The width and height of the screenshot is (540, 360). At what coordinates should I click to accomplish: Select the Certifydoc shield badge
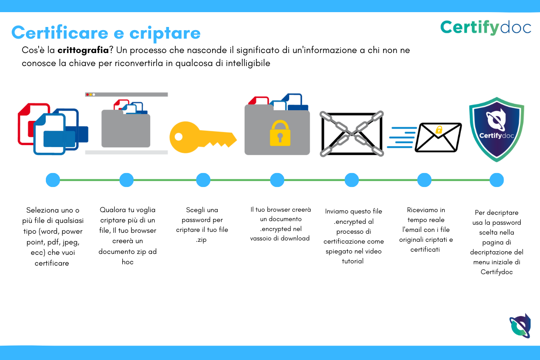(496, 129)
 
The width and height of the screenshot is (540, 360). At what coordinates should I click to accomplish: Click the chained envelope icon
(352, 134)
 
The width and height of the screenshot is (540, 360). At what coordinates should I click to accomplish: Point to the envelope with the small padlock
(438, 138)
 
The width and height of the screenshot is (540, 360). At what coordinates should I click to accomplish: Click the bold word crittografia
(83, 50)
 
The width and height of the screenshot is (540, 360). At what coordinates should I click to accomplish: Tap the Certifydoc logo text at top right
(486, 27)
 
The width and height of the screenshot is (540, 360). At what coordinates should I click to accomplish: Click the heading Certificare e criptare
(106, 33)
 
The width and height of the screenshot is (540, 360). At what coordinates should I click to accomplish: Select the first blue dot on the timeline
(53, 180)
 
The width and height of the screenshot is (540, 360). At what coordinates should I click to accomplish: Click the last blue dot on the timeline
(496, 180)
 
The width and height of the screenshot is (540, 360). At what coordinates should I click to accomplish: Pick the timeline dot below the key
(203, 180)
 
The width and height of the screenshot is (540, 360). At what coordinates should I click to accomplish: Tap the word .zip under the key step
(201, 240)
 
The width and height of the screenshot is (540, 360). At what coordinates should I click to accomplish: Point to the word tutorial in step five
(353, 261)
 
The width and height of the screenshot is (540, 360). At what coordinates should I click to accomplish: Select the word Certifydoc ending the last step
(496, 272)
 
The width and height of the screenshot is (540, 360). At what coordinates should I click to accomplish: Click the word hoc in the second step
(128, 262)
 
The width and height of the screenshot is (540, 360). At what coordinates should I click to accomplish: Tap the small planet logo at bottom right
(520, 325)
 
